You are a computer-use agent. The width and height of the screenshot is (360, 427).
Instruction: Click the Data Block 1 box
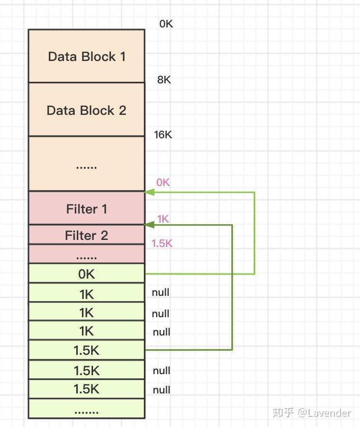86,56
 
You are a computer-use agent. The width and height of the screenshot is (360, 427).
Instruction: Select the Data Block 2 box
86,110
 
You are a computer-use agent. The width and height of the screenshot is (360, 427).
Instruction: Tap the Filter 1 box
86,208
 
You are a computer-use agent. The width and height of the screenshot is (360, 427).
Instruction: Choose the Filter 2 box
86,235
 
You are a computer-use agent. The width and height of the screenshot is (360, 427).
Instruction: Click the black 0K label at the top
166,23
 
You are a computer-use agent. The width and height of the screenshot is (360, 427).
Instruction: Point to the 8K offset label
164,80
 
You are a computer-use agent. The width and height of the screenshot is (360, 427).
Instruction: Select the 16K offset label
163,135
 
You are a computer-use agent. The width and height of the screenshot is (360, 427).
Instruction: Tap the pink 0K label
163,182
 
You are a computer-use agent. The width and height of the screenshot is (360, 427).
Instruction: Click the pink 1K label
163,219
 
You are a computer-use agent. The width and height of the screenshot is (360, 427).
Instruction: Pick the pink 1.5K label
162,243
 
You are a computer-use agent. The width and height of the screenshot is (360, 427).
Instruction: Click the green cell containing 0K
86,274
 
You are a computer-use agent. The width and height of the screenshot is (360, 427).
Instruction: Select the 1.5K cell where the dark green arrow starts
86,350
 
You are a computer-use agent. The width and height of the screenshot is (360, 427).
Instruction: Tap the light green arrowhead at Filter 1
149,192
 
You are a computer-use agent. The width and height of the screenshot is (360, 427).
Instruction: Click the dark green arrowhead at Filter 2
149,225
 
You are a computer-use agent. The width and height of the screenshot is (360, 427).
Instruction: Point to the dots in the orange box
86,166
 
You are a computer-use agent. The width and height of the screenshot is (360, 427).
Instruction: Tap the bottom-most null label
161,390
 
